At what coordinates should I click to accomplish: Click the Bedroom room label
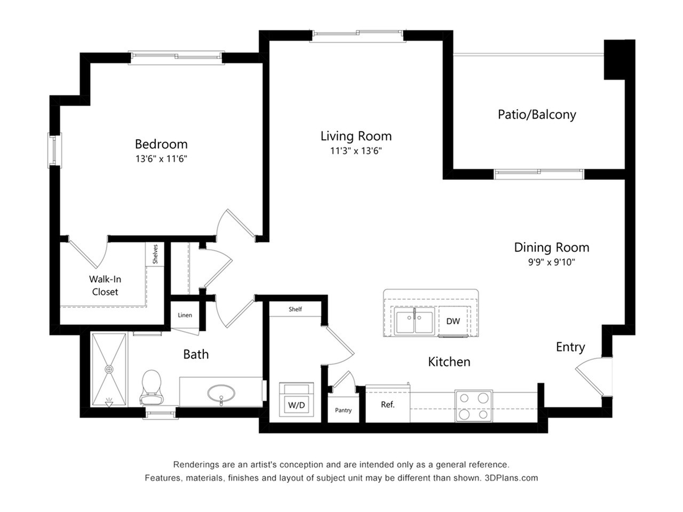click(x=161, y=144)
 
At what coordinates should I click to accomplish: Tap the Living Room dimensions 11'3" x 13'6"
click(x=356, y=151)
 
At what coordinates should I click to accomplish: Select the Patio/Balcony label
click(x=537, y=114)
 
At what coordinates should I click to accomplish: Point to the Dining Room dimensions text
click(x=551, y=262)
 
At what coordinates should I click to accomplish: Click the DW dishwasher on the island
click(x=453, y=321)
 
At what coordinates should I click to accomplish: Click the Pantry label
click(x=343, y=410)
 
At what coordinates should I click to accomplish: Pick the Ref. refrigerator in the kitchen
click(x=388, y=405)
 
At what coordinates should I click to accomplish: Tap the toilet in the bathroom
click(x=152, y=387)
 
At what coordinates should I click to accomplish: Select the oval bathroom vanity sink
click(x=221, y=395)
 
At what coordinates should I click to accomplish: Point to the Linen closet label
click(x=185, y=315)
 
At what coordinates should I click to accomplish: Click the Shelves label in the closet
click(x=155, y=254)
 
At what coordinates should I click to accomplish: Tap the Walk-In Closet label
click(x=105, y=285)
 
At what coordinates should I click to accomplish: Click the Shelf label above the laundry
click(x=295, y=309)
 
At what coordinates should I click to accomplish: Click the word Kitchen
click(x=449, y=362)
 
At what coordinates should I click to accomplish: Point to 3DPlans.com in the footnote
click(x=511, y=478)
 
